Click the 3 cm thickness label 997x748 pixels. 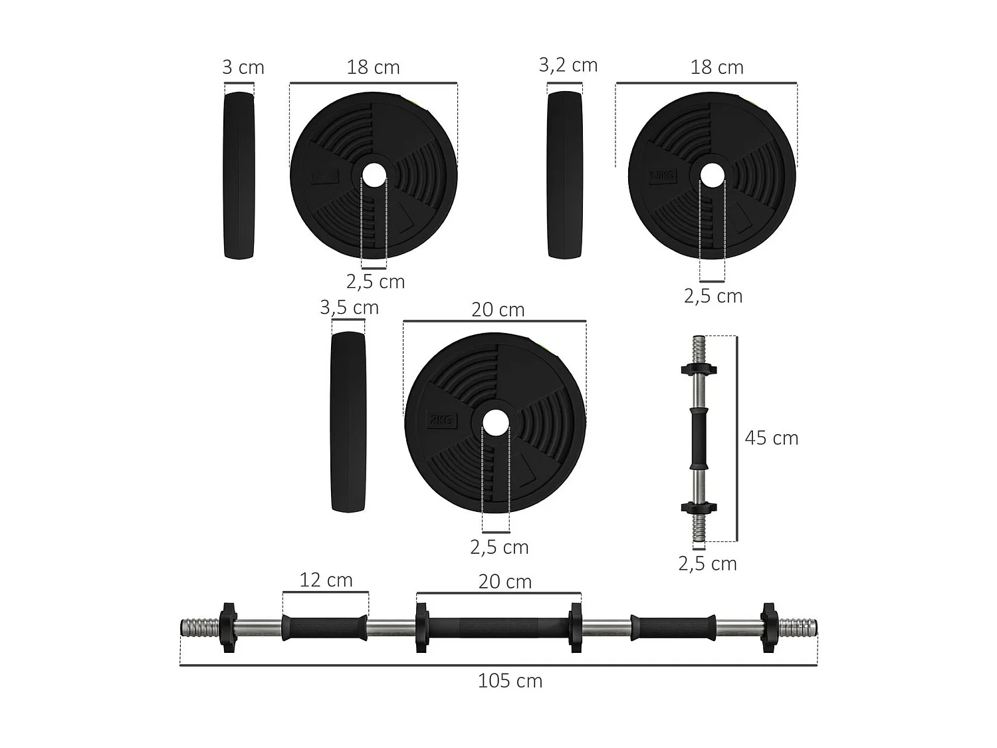[243, 68]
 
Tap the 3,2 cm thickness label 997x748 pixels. [568, 65]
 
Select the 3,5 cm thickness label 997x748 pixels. [349, 308]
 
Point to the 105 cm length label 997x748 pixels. [510, 681]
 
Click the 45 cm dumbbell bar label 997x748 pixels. [771, 438]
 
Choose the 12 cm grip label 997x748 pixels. [326, 580]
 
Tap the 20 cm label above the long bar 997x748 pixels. [505, 582]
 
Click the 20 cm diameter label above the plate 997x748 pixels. [498, 310]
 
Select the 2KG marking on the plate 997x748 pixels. [441, 420]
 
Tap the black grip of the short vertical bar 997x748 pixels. [699, 439]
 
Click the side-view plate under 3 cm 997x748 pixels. [239, 176]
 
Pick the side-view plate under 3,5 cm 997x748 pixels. [348, 422]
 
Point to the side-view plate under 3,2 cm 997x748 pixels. [565, 176]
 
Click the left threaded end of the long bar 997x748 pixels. [199, 627]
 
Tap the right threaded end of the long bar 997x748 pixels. [798, 627]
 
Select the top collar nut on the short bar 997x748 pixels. [699, 368]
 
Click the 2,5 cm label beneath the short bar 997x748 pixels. [707, 564]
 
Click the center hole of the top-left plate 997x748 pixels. [374, 176]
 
